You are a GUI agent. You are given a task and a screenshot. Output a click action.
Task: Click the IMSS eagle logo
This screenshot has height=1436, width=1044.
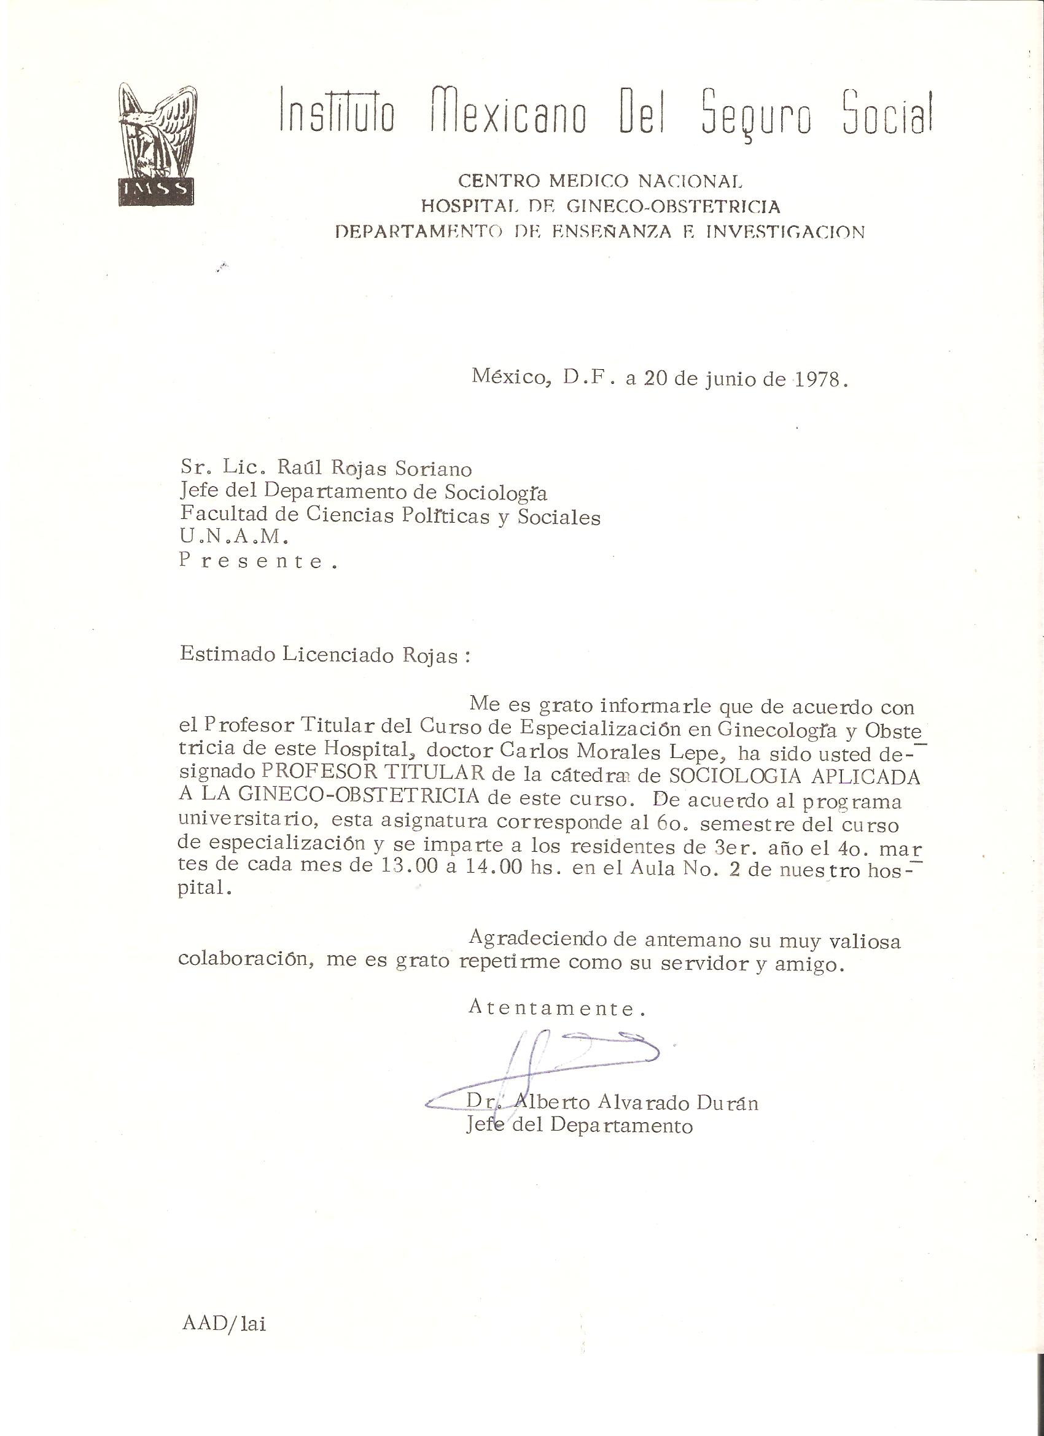156,144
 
